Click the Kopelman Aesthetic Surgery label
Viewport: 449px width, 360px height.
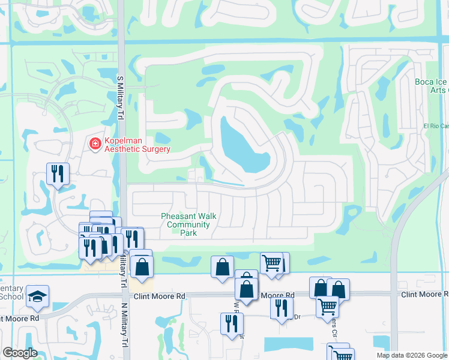pos(137,145)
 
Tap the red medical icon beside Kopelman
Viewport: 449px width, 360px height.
pos(94,144)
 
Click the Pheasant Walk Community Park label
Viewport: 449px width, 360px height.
pos(188,225)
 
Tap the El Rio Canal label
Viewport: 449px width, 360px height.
pos(436,126)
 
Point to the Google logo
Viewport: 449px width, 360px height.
pos(19,353)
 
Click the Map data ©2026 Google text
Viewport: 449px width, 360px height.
pos(412,355)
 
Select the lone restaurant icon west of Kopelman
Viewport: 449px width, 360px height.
pos(58,174)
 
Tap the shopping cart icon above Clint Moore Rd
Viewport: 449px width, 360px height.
pos(271,262)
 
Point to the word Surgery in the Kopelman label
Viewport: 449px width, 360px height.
pos(153,149)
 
